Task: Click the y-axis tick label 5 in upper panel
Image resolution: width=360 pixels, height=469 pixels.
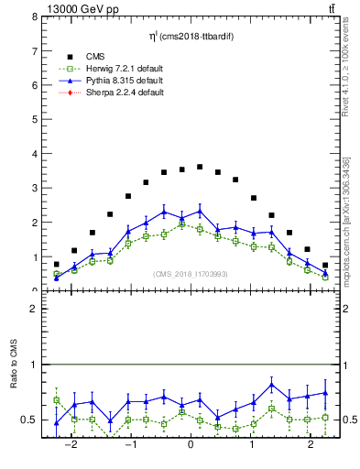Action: pyautogui.click(x=34, y=120)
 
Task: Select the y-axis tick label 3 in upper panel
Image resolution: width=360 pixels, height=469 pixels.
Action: pyautogui.click(x=34, y=189)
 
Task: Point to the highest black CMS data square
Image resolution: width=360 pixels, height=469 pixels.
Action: pyautogui.click(x=200, y=167)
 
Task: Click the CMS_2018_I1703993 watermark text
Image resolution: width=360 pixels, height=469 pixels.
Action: pyautogui.click(x=191, y=274)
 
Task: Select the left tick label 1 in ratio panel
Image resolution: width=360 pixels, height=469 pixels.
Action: pyautogui.click(x=34, y=365)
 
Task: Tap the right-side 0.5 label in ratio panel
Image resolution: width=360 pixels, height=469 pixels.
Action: pyautogui.click(x=346, y=420)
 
